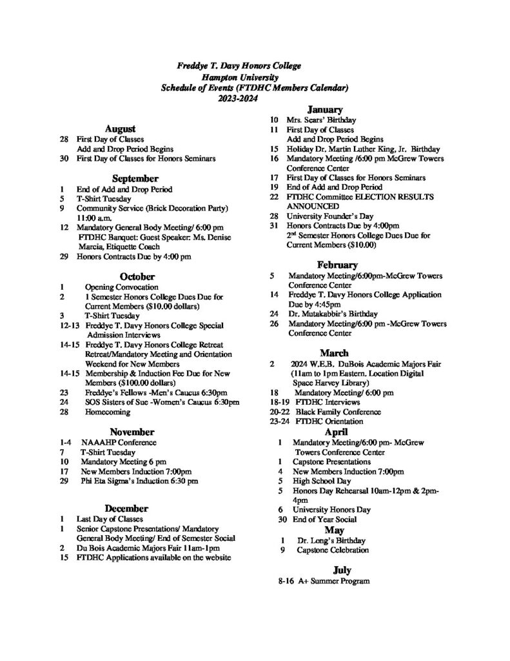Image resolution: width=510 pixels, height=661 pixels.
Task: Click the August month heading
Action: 120,128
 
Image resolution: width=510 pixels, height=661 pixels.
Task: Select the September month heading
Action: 135,178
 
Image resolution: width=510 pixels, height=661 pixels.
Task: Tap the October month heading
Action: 131,276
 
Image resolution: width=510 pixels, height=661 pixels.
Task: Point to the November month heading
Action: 132,432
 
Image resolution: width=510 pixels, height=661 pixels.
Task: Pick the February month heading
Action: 337,265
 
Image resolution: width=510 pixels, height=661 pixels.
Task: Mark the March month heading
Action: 335,352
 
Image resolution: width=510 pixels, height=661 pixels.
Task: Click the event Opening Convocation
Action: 121,287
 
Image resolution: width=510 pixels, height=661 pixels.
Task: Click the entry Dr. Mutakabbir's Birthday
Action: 330,314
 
